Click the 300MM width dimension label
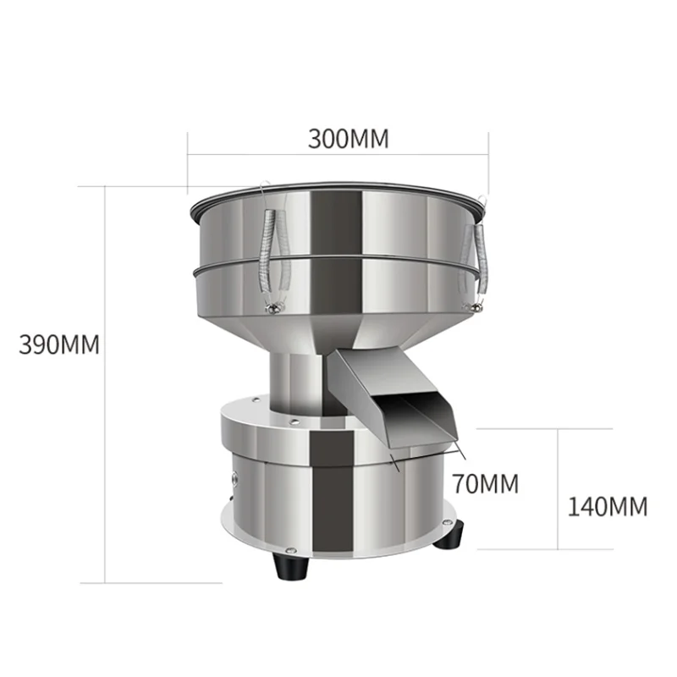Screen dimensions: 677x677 click(348, 139)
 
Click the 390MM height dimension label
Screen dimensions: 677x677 click(59, 344)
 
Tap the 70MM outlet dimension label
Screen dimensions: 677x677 click(485, 483)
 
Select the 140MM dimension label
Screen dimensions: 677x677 click(607, 507)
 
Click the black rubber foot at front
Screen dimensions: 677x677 click(291, 567)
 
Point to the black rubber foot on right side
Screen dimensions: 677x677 click(451, 535)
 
